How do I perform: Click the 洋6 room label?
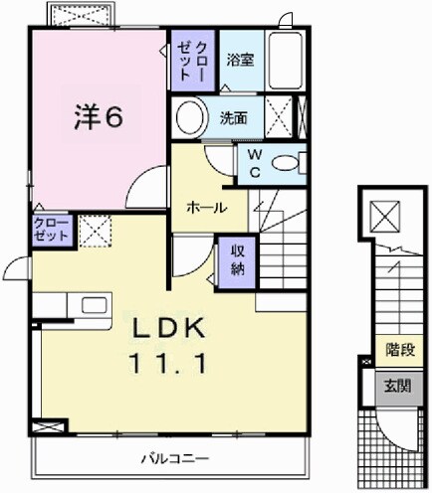pos(97,117)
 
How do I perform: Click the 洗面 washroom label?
pos(235,116)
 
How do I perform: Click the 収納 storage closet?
pos(238,258)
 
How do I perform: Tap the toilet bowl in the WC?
pos(288,164)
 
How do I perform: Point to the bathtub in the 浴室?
pos(289,60)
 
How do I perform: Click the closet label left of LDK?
pos(52,231)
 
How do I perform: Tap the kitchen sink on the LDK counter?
pos(52,305)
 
